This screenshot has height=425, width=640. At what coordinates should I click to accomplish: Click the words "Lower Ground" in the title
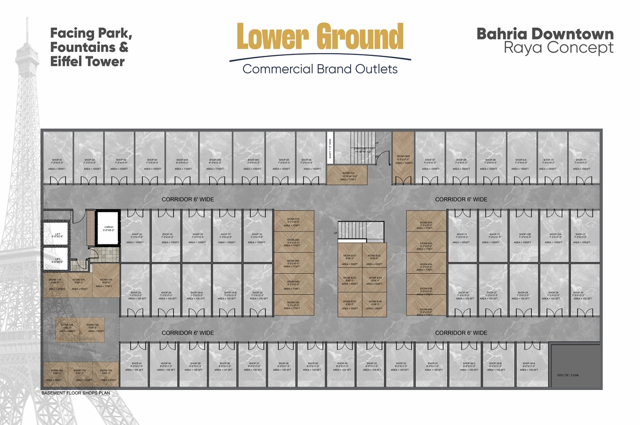pos(320,38)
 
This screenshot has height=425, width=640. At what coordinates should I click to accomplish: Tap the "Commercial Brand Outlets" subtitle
pos(320,69)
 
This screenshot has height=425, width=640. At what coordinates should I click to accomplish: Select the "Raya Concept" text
pos(558,48)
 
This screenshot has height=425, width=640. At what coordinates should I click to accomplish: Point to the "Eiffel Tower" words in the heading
pos(87,62)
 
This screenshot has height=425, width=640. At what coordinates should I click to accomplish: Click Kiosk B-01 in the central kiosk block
pos(350,257)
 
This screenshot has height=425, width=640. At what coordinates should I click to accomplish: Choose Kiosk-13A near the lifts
pos(107,282)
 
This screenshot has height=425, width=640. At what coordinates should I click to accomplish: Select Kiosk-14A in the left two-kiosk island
pos(68,328)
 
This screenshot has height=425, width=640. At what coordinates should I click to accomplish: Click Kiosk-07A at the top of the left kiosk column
pos(293,221)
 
